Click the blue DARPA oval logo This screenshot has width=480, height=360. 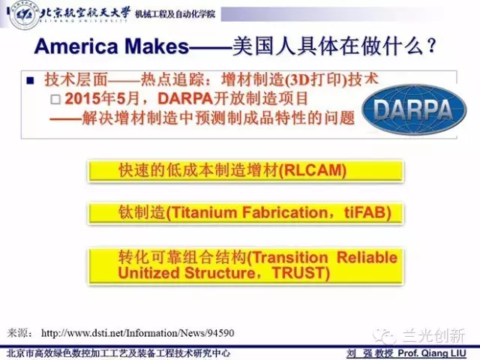[x=414, y=109]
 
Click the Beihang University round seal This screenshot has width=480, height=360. [x=24, y=15]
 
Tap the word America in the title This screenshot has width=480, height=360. [x=76, y=46]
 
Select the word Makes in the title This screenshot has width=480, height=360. [x=157, y=46]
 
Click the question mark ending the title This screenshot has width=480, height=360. [x=431, y=46]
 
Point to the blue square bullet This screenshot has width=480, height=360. [x=30, y=80]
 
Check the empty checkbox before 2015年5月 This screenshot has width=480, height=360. [x=55, y=99]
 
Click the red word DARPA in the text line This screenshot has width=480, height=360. [x=185, y=98]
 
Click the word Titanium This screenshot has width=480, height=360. [x=204, y=212]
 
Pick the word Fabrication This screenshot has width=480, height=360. [x=285, y=212]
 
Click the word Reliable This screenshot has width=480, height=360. [x=367, y=257]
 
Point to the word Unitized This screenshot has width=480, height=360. [x=148, y=273]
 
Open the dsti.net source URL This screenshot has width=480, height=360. [x=138, y=333]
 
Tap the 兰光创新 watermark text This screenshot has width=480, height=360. [x=433, y=335]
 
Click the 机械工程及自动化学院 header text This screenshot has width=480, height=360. [x=175, y=14]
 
